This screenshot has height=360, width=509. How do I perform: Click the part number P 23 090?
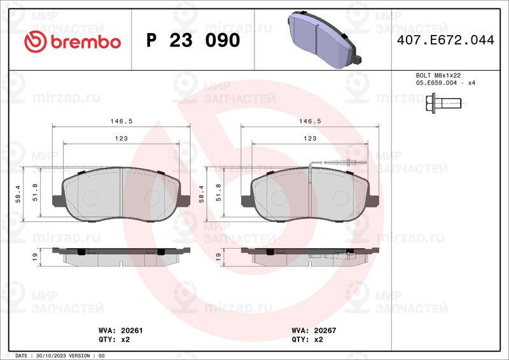(x=193, y=41)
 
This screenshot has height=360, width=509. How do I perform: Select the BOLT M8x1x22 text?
(x=438, y=75)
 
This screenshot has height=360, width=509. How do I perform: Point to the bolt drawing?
(x=443, y=102)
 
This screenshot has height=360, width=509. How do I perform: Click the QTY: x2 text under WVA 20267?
(x=307, y=340)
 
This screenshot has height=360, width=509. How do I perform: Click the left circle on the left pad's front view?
(x=90, y=197)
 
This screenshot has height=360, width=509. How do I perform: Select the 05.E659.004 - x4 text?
(x=446, y=83)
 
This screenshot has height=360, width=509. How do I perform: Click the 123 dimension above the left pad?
(x=121, y=138)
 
